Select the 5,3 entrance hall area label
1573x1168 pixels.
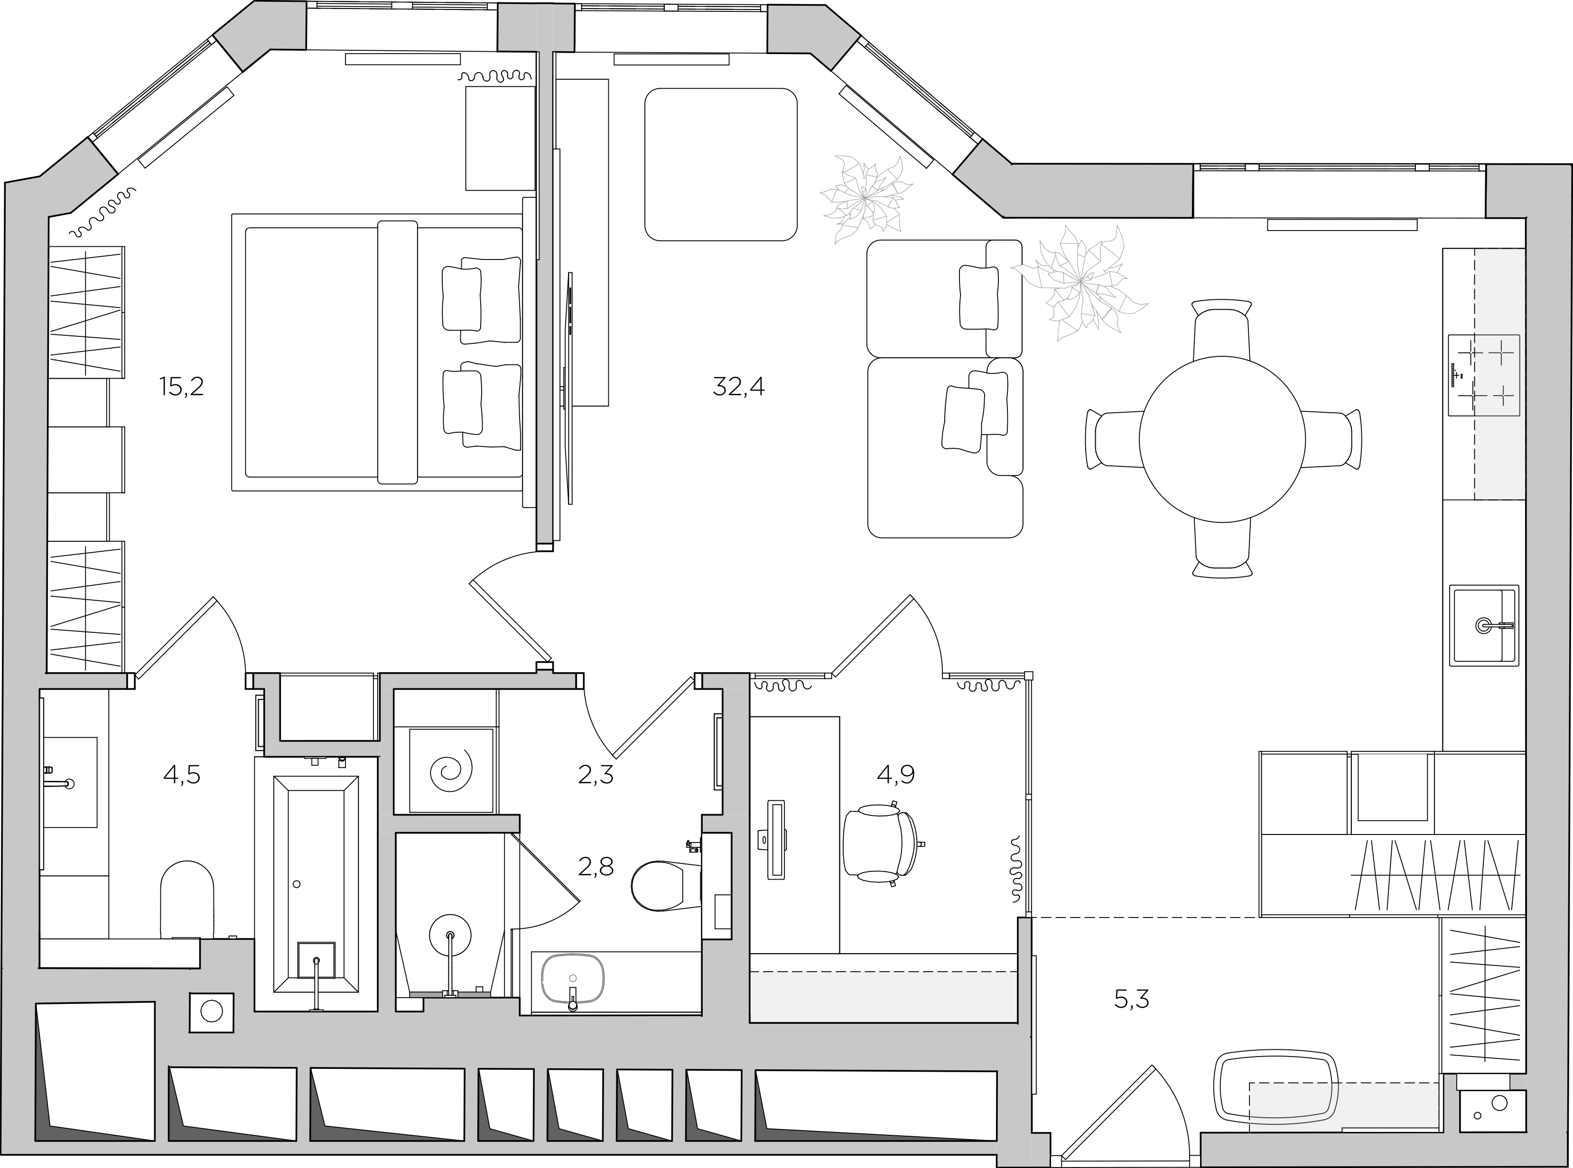(x=1132, y=999)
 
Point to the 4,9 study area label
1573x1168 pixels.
(x=896, y=775)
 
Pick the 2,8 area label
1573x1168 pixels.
(x=595, y=867)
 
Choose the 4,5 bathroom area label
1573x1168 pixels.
(x=182, y=775)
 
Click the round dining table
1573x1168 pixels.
(x=1222, y=439)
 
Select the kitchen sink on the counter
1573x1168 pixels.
(x=1484, y=625)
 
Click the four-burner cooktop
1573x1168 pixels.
(x=1484, y=375)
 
